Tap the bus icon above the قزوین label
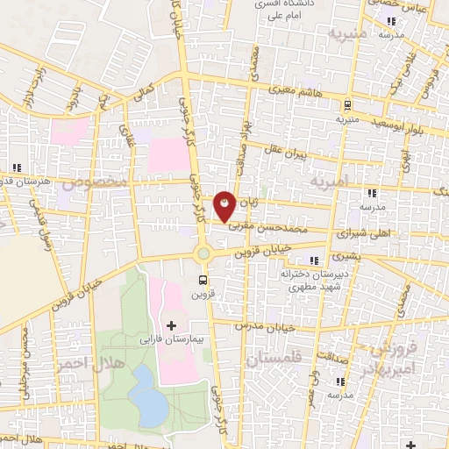pyautogui.click(x=203, y=281)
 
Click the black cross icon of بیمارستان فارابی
pyautogui.click(x=171, y=325)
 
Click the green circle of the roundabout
pyautogui.click(x=203, y=253)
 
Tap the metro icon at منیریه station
pyautogui.click(x=347, y=102)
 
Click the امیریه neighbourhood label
pyautogui.click(x=334, y=180)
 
